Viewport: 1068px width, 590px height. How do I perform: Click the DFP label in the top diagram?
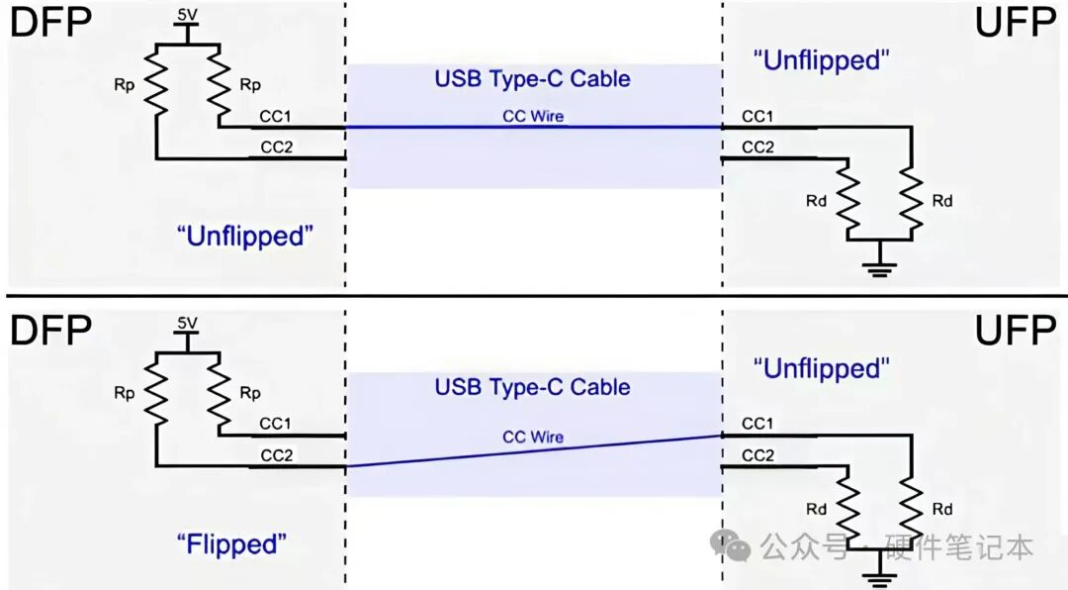click(x=51, y=22)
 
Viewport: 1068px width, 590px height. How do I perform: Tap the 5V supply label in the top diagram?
click(x=187, y=14)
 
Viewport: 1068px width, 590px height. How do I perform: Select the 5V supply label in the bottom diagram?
click(x=187, y=323)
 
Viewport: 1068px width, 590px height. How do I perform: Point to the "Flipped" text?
click(x=231, y=544)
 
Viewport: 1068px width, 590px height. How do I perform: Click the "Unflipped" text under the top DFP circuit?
click(x=245, y=236)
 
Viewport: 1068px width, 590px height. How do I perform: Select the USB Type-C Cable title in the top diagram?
click(x=533, y=78)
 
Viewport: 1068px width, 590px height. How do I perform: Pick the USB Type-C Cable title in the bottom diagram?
click(x=533, y=387)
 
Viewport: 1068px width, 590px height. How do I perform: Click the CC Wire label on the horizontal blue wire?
click(x=533, y=116)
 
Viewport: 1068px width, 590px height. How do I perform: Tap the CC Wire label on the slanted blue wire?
click(x=533, y=437)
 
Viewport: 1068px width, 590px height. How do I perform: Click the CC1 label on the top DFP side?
click(x=275, y=117)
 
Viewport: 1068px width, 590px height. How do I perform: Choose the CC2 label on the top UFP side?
click(x=758, y=147)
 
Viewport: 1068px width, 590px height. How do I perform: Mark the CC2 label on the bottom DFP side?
click(x=277, y=455)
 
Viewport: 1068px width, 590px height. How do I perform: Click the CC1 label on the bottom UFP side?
click(x=757, y=424)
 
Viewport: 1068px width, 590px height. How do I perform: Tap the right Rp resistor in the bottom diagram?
click(x=219, y=394)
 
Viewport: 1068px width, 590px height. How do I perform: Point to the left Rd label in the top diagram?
click(x=816, y=201)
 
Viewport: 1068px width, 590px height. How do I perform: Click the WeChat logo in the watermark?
click(x=730, y=544)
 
